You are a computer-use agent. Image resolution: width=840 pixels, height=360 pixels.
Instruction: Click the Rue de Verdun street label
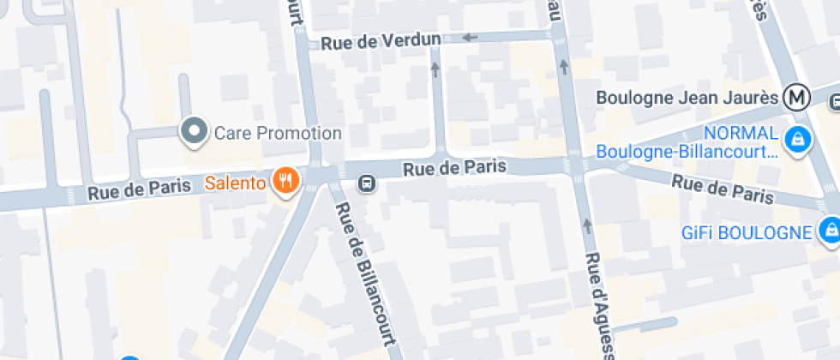[x=381, y=40]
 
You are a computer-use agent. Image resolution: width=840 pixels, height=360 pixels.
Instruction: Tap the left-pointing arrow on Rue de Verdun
[x=470, y=38]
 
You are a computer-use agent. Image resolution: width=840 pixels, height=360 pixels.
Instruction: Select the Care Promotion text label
[x=278, y=133]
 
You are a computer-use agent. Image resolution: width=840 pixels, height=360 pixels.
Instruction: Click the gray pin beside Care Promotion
[x=195, y=131]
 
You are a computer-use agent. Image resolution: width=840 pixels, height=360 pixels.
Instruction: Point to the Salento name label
[x=234, y=183]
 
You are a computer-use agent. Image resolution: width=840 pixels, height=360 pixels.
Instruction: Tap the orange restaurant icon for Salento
[x=285, y=181]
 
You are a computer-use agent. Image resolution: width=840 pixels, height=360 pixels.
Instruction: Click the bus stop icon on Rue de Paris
[x=366, y=183]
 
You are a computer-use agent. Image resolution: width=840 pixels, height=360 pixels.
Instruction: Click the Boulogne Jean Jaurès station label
[x=687, y=98]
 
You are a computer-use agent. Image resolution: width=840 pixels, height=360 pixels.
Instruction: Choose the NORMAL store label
[x=741, y=134]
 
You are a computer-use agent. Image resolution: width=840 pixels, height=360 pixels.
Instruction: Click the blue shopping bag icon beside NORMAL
[x=798, y=140]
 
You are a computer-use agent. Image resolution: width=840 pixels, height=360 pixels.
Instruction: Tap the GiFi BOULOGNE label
[x=746, y=232]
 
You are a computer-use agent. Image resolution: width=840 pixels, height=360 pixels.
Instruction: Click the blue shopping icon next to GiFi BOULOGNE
[x=829, y=230]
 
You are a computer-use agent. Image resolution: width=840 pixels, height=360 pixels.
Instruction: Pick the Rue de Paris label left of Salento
[x=140, y=193]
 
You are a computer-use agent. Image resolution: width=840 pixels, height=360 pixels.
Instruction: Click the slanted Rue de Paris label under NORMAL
[x=722, y=189]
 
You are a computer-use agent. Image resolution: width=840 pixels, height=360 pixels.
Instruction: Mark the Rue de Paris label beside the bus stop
[x=454, y=168]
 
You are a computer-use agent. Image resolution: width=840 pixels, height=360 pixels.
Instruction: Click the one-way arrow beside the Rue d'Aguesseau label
[x=587, y=225]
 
